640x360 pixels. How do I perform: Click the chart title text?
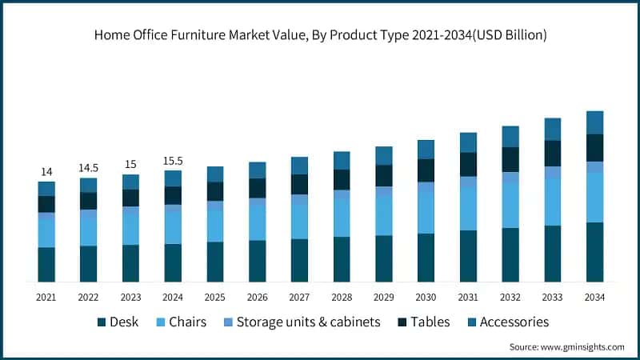(320, 34)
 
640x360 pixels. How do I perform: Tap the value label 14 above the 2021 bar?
(46, 171)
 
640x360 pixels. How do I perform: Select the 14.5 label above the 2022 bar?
(88, 168)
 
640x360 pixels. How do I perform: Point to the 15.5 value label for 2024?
(173, 161)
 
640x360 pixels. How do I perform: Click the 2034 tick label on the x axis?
(594, 297)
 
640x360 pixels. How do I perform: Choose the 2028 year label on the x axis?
(342, 297)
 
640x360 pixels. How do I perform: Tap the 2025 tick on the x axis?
(215, 297)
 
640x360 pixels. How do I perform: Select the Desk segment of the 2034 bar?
(594, 252)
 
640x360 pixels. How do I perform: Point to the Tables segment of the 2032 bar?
(510, 159)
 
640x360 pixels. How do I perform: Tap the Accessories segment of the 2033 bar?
(553, 129)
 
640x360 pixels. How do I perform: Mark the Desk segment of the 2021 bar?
(46, 264)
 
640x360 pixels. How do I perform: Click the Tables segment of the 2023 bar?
(130, 198)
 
